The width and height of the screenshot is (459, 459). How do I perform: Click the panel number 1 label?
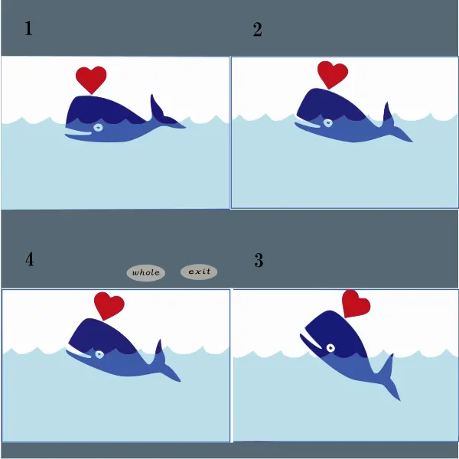(x=28, y=30)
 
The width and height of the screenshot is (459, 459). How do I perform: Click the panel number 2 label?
(x=257, y=30)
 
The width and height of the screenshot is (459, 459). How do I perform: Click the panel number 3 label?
(x=259, y=260)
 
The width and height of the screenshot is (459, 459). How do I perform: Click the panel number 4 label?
(x=29, y=259)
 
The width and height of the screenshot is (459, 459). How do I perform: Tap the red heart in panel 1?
(x=91, y=79)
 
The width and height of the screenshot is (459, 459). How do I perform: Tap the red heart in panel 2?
(x=332, y=73)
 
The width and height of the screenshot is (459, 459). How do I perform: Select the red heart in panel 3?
(x=356, y=304)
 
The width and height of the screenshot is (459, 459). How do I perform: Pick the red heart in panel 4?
(x=109, y=305)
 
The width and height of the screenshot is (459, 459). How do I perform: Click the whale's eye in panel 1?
(x=98, y=127)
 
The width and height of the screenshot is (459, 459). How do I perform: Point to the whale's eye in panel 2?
(x=327, y=123)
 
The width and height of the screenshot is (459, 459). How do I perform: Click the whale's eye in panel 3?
(x=330, y=348)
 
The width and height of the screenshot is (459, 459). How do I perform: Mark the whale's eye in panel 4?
(x=99, y=354)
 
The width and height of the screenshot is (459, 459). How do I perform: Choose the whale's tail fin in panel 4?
(x=164, y=359)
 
